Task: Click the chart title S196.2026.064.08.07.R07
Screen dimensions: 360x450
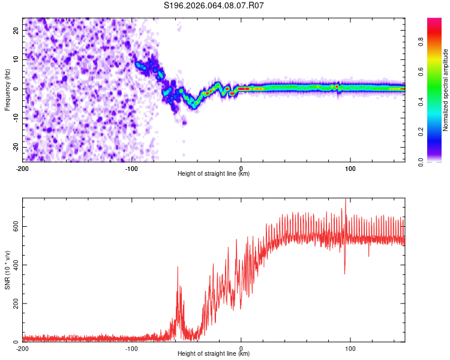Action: pyautogui.click(x=214, y=5)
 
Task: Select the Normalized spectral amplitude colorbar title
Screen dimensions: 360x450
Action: pyautogui.click(x=446, y=90)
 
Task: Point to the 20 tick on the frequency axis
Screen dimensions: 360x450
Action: pyautogui.click(x=16, y=30)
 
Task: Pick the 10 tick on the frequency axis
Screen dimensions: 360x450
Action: pyautogui.click(x=16, y=59)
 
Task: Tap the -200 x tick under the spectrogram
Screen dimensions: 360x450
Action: pyautogui.click(x=22, y=169)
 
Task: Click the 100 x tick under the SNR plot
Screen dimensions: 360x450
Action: pyautogui.click(x=350, y=349)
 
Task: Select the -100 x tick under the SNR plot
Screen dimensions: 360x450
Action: pyautogui.click(x=131, y=349)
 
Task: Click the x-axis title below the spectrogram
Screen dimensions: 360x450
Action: pyautogui.click(x=214, y=174)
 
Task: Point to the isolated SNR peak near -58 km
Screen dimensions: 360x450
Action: pyautogui.click(x=178, y=268)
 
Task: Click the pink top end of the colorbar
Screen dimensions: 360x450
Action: pyautogui.click(x=434, y=22)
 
